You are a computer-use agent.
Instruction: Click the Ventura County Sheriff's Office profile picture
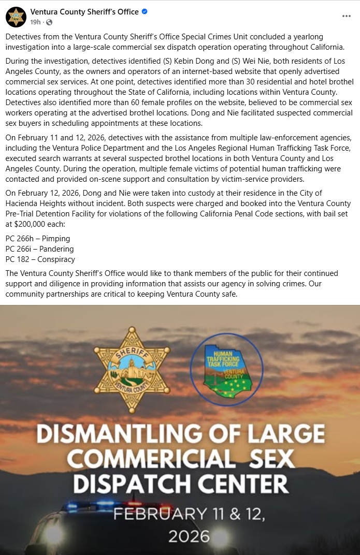(16, 17)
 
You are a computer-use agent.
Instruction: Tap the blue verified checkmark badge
(145, 11)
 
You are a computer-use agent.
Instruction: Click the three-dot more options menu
(347, 16)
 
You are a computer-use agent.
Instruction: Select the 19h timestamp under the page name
(35, 22)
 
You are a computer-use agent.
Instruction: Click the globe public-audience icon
(49, 22)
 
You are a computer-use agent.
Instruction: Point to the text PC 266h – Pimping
(37, 239)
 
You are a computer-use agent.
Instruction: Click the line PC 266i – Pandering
(39, 249)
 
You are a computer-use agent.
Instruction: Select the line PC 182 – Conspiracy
(40, 259)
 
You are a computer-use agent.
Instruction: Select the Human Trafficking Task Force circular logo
(226, 369)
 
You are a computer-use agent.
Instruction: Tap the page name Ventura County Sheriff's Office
(85, 11)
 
